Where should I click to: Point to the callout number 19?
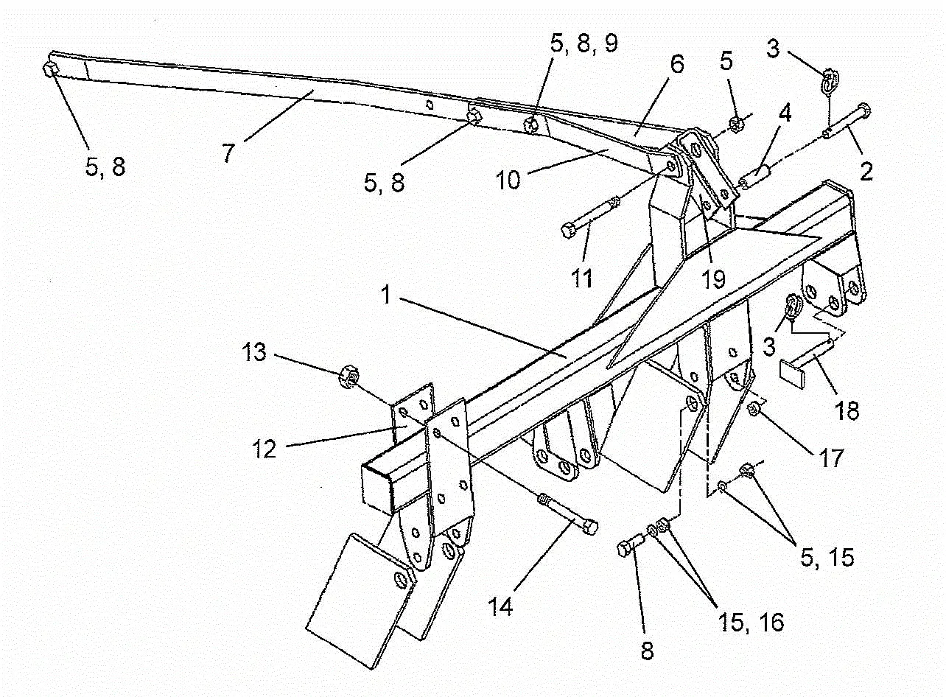coord(713,279)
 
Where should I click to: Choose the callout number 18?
coord(848,410)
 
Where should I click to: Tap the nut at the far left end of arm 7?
coord(51,70)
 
